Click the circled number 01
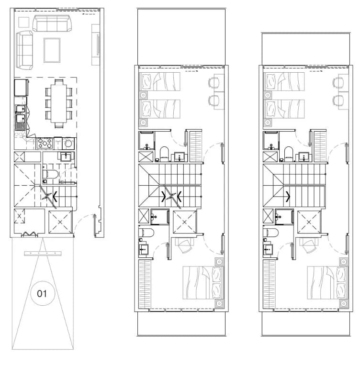tap(43, 293)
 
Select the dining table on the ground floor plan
tap(59, 104)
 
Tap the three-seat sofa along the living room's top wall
tap(52, 23)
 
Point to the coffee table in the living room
tap(52, 50)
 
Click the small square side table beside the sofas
tap(23, 22)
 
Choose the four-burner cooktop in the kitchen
tap(45, 143)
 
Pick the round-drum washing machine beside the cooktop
tap(68, 143)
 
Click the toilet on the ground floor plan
tap(50, 174)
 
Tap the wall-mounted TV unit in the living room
tap(96, 44)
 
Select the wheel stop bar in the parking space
tap(43, 254)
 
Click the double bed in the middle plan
tap(203, 283)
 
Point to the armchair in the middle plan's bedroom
tap(185, 245)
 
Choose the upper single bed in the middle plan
tap(159, 81)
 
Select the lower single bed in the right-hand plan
tap(284, 109)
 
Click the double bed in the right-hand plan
tap(327, 283)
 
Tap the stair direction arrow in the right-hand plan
tap(288, 197)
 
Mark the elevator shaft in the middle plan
tap(185, 222)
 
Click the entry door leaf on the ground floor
tap(95, 225)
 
